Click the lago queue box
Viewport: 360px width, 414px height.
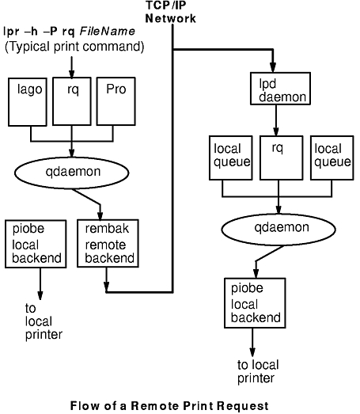[28, 102]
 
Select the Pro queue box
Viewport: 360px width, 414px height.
[116, 101]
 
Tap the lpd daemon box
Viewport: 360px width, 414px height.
[280, 89]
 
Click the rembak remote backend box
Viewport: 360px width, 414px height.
[108, 244]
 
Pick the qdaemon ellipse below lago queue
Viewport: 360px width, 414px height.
[72, 173]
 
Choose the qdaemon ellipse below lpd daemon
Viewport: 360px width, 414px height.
[279, 230]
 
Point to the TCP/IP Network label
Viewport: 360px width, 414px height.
[170, 12]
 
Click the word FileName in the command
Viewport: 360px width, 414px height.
[107, 32]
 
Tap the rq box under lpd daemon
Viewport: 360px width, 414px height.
[282, 158]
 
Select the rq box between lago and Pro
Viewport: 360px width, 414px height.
[72, 101]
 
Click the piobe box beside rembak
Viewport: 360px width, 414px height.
[36, 244]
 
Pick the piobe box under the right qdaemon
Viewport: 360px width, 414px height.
[255, 303]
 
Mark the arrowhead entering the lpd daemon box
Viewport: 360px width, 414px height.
[273, 67]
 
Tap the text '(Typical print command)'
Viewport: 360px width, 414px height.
[74, 47]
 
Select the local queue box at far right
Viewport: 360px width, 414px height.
[332, 158]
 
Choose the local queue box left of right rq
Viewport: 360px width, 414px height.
[231, 158]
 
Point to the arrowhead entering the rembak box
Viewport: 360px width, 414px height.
[100, 215]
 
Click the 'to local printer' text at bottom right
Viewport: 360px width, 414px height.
[258, 372]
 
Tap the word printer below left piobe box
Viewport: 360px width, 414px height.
[44, 335]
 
